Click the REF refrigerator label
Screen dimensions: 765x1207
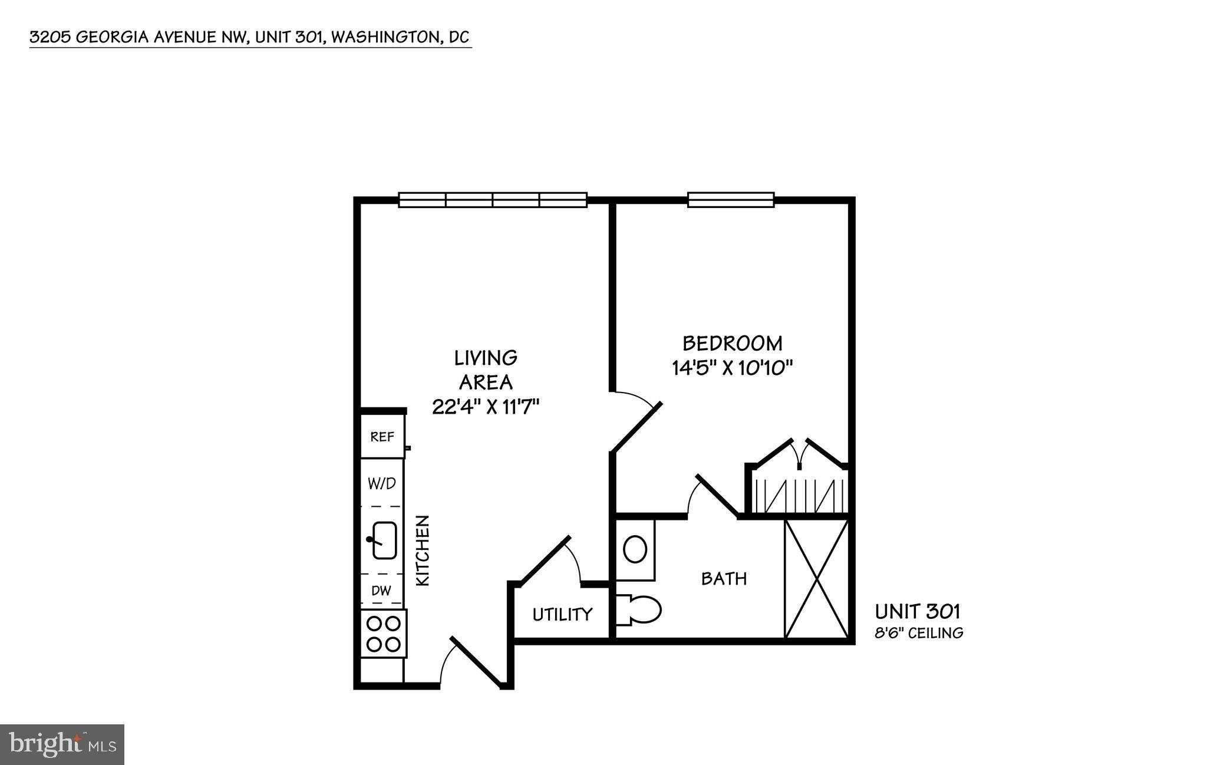[x=382, y=437]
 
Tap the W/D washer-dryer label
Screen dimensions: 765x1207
[x=382, y=484]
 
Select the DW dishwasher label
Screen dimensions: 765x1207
[x=381, y=590]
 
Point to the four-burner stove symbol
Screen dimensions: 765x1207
[x=384, y=634]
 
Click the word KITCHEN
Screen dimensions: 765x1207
[x=423, y=551]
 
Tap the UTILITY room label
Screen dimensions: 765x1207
[x=562, y=615]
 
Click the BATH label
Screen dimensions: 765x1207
[x=724, y=579]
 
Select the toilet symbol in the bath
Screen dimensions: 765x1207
[x=641, y=611]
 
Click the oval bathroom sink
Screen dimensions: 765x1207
[x=635, y=549]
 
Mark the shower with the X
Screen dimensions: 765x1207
[x=817, y=579]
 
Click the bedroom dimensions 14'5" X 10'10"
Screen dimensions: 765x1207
[x=732, y=368]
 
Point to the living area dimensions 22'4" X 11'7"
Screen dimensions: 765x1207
[x=486, y=407]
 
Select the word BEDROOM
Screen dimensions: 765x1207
[x=733, y=343]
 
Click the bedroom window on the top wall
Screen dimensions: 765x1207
[x=731, y=200]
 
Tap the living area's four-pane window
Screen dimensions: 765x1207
[x=493, y=200]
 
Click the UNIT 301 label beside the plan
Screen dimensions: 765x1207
[x=918, y=612]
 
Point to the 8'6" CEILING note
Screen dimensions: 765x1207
[x=919, y=634]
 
